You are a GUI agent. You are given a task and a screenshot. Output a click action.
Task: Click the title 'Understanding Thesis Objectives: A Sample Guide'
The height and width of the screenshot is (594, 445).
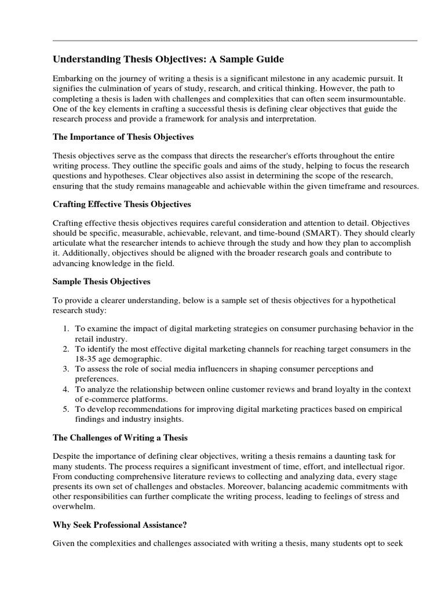[x=169, y=59]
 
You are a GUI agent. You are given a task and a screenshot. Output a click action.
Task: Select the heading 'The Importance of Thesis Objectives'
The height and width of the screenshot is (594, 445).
[x=123, y=137]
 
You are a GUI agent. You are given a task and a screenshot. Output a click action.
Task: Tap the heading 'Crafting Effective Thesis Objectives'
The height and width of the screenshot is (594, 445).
[x=122, y=205]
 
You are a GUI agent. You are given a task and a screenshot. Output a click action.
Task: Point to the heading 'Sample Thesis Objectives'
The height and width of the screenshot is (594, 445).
[x=101, y=281]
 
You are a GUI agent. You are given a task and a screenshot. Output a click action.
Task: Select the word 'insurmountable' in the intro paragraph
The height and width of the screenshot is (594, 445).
[x=378, y=99]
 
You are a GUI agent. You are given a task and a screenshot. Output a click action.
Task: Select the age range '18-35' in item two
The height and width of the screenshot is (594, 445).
[x=85, y=359]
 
